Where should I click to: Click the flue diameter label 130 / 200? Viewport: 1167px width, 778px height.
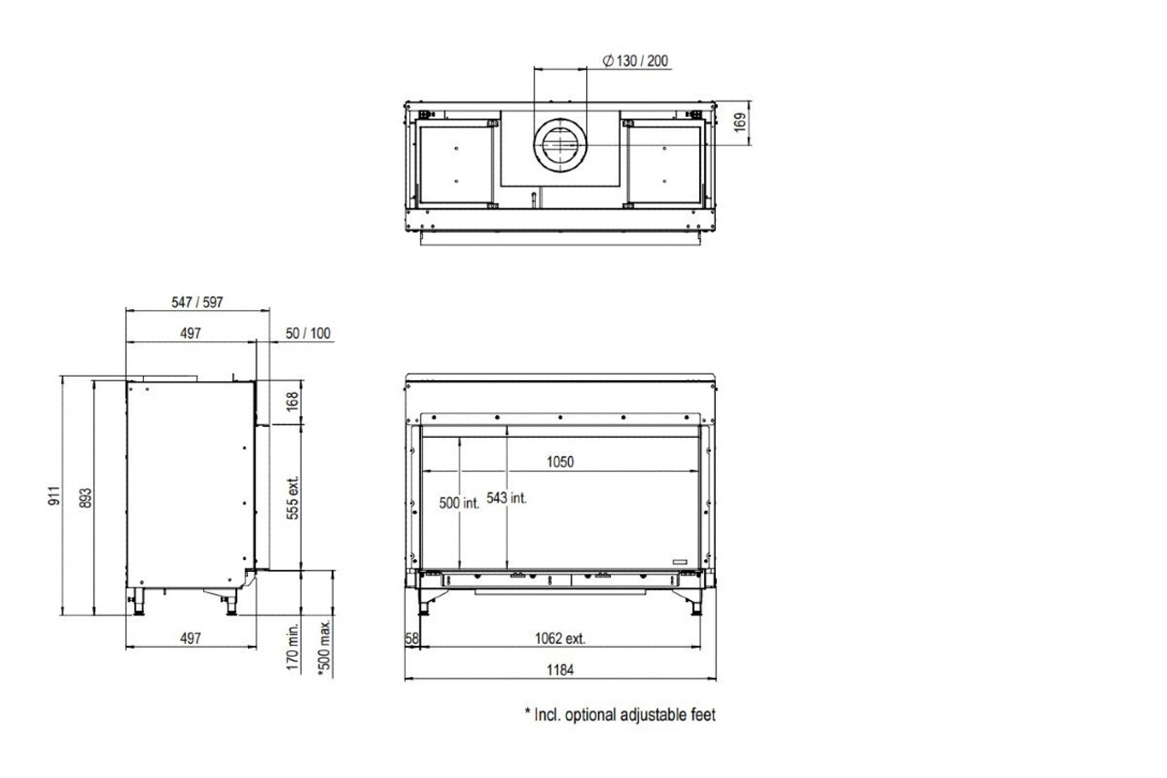(635, 61)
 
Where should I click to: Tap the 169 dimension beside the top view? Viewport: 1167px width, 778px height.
(740, 122)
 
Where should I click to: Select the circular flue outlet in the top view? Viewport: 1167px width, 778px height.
(560, 145)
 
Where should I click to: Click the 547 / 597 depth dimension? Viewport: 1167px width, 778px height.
(198, 302)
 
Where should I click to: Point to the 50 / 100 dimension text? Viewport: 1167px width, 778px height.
(308, 333)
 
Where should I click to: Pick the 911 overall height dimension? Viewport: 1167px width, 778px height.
(55, 495)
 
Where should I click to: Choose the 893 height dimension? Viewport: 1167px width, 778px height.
(86, 498)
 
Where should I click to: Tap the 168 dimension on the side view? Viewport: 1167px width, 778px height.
(293, 401)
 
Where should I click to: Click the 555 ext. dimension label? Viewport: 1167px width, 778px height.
(293, 498)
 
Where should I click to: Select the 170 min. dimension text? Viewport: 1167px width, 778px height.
(293, 646)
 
